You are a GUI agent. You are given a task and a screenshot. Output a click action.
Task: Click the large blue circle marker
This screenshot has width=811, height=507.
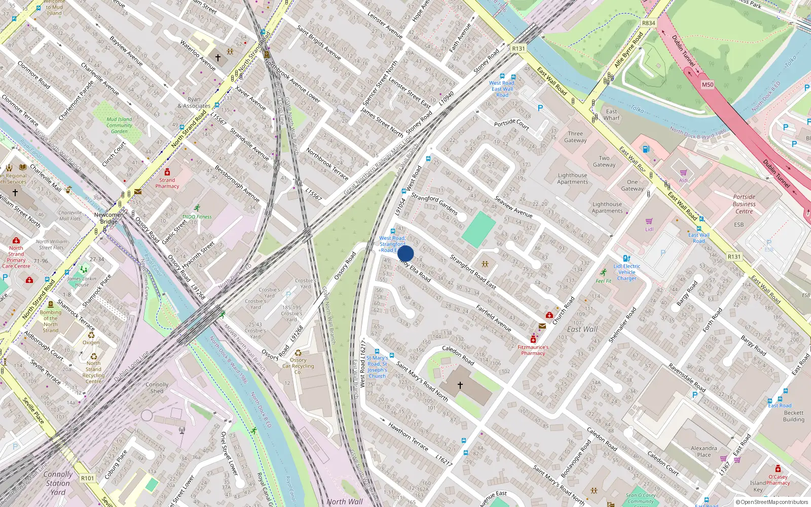(x=405, y=253)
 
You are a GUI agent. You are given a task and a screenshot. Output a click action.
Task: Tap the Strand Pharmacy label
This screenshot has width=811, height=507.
(x=167, y=183)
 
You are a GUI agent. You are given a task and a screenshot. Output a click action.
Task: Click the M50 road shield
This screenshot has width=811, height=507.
(x=708, y=85)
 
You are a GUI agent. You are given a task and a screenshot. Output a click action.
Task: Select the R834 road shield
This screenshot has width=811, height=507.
(x=648, y=23)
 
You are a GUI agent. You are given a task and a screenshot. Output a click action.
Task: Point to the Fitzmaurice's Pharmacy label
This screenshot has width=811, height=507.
(x=533, y=350)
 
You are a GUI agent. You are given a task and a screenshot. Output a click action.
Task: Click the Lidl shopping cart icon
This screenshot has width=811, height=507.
(x=649, y=221)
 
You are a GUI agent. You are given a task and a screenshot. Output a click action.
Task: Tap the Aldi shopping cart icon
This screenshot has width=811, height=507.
(x=683, y=172)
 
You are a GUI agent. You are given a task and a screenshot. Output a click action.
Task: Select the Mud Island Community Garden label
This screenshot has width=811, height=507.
(x=119, y=125)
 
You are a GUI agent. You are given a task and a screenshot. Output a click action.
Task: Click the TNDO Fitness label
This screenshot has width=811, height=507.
(x=197, y=216)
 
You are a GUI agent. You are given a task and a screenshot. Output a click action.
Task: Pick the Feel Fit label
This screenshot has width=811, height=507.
(x=603, y=281)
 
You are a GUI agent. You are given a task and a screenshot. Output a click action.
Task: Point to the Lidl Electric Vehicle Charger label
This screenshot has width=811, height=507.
(x=627, y=272)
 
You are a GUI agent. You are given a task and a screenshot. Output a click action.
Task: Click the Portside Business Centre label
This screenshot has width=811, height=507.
(x=744, y=204)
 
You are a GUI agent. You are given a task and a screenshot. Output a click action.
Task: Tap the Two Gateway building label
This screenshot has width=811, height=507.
(x=604, y=161)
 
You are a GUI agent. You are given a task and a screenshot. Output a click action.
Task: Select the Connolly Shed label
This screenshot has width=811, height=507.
(x=157, y=388)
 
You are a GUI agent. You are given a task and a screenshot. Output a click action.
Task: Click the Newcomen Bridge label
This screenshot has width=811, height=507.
(x=108, y=218)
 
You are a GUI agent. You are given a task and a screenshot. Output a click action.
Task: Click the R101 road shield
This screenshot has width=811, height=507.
(x=88, y=478)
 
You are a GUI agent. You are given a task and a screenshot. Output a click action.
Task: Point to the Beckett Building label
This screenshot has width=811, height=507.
(x=793, y=416)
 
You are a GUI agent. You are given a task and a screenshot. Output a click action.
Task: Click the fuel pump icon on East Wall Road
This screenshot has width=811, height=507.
(x=646, y=149)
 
